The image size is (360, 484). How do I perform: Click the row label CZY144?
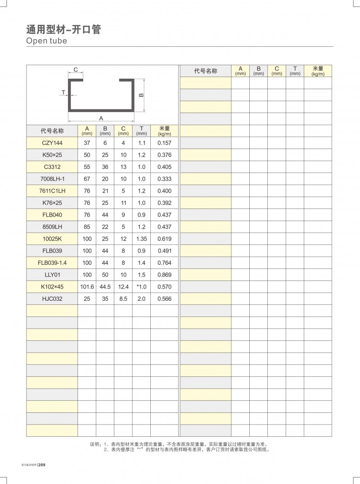(52, 143)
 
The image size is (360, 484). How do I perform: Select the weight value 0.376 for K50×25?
(164, 155)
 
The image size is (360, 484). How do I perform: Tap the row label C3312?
(52, 167)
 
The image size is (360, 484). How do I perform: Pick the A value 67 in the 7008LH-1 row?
(87, 179)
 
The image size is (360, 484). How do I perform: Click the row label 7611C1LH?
(52, 191)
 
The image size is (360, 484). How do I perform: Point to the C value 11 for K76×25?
(123, 203)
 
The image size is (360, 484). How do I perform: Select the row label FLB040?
(52, 215)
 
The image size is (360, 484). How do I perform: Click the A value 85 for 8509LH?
(87, 226)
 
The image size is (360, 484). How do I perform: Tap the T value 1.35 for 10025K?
(141, 239)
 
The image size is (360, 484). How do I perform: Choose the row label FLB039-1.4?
(52, 262)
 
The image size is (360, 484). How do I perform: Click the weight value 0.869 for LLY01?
(164, 274)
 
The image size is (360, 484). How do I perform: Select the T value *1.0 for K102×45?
(141, 286)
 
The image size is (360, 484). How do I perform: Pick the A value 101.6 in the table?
(87, 286)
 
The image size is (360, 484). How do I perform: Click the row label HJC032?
(52, 298)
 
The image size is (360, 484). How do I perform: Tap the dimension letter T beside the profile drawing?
(63, 92)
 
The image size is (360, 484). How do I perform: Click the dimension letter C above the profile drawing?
(76, 70)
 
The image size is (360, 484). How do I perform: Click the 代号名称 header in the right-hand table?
(205, 71)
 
